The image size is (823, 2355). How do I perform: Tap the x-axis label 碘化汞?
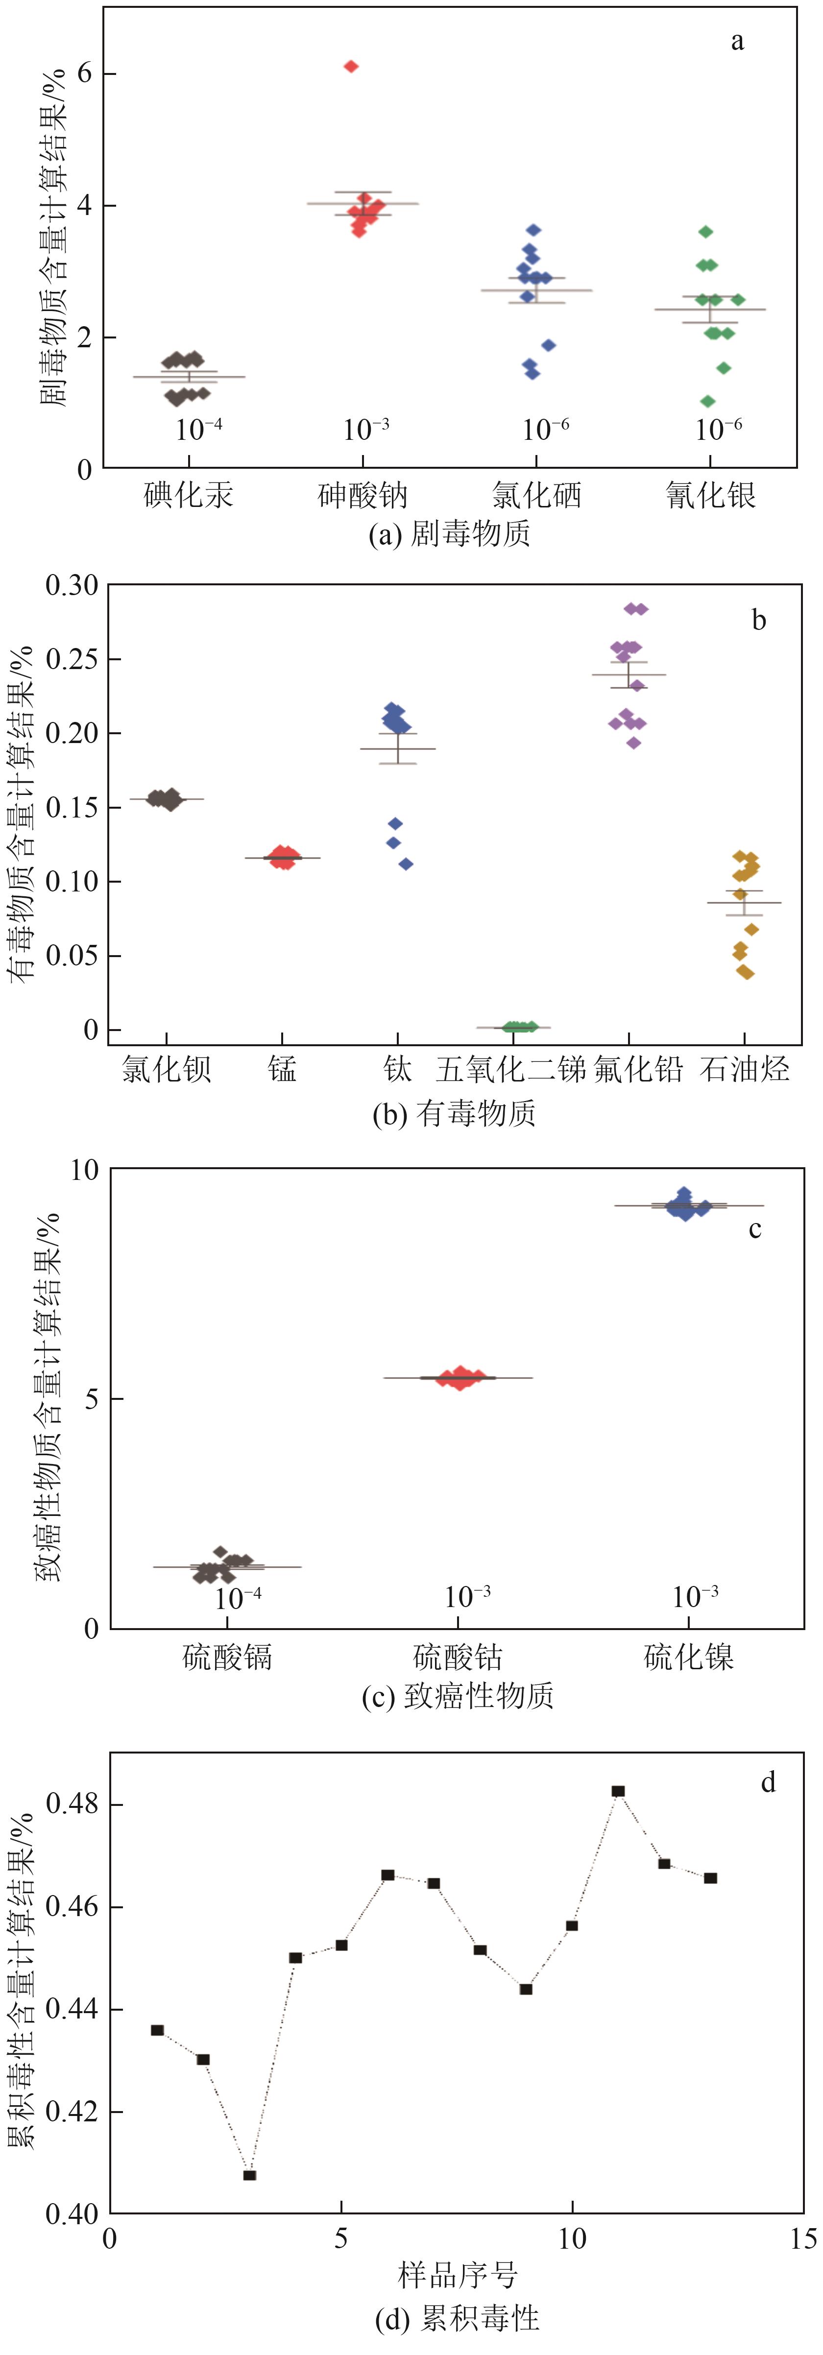[x=189, y=496]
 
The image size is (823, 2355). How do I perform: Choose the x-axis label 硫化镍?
[x=689, y=1657]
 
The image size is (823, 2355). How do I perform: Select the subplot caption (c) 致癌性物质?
[x=457, y=1696]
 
